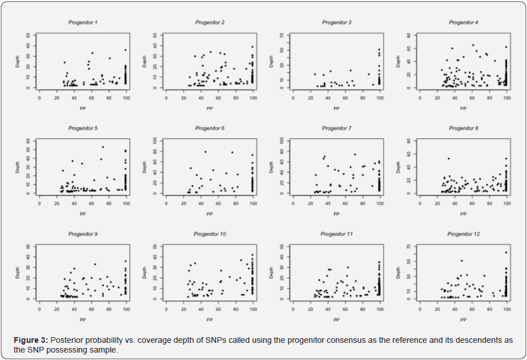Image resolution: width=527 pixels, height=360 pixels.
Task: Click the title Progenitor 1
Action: point(83,22)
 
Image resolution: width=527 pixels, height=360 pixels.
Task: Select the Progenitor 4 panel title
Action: point(463,22)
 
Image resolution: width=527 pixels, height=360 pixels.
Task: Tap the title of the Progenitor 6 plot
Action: point(210,128)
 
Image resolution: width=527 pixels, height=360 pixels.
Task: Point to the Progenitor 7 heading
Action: point(336,128)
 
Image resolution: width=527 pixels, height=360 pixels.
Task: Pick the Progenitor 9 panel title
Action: point(83,234)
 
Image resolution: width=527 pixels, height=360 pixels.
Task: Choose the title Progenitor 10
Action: point(210,234)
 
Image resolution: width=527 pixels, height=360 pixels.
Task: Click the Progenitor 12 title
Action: point(463,234)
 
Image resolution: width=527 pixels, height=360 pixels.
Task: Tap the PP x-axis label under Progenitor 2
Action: point(210,107)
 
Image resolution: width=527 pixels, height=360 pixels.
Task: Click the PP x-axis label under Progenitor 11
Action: point(336,319)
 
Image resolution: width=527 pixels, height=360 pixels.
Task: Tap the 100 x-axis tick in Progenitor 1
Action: point(126,98)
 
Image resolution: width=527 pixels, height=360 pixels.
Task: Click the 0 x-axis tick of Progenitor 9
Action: point(39,309)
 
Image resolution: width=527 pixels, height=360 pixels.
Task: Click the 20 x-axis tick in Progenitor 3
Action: point(310,98)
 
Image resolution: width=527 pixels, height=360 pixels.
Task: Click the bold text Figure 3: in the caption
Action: point(31,340)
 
